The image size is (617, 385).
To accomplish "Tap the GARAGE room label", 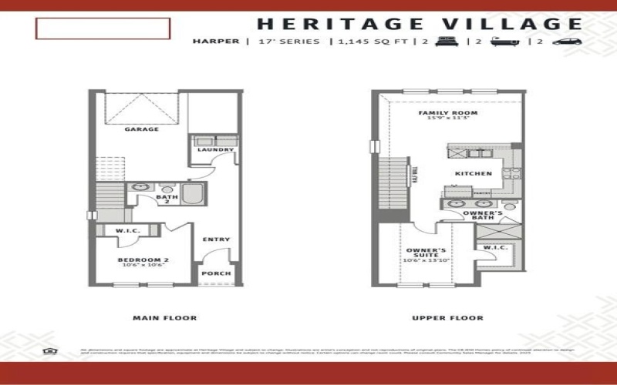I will (142, 129).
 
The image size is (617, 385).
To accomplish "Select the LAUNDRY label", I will (210, 149).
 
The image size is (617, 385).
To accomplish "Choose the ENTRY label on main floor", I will (216, 239).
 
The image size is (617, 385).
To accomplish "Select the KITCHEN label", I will (473, 173).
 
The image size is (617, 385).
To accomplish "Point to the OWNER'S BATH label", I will (483, 215).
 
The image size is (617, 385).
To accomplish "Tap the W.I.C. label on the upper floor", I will (494, 247).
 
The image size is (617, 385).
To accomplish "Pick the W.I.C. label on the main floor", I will (126, 230).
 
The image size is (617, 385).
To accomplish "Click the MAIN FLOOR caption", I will (164, 318).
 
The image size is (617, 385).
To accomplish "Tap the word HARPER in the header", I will (215, 42).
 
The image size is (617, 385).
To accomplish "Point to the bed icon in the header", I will (443, 42).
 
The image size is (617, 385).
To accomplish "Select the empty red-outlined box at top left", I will (102, 28).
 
